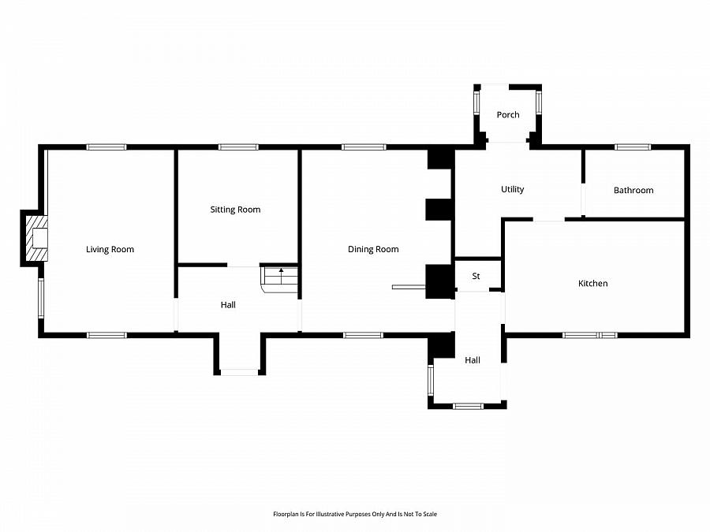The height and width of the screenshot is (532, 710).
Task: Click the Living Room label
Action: (x=110, y=249)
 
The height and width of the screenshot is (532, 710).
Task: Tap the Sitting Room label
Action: (x=235, y=210)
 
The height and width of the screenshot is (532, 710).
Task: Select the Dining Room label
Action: (x=373, y=249)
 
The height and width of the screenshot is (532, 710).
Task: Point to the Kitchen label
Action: (x=592, y=283)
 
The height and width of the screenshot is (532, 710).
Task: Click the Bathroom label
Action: (x=633, y=190)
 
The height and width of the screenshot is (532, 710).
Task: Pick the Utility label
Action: (x=513, y=189)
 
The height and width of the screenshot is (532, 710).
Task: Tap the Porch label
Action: (x=508, y=115)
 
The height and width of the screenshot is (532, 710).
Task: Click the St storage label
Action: (x=476, y=276)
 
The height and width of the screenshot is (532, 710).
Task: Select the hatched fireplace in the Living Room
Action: (x=36, y=238)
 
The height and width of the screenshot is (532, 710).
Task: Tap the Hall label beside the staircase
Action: (x=228, y=305)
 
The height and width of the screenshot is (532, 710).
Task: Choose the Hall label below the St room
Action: (x=473, y=360)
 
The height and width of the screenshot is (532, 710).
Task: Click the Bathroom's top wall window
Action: (x=633, y=147)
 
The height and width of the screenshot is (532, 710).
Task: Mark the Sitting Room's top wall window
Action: (x=238, y=147)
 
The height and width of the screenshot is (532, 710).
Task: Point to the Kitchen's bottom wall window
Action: (x=590, y=335)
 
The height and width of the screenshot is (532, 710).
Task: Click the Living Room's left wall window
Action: (x=41, y=298)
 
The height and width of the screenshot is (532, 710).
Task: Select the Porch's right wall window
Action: (x=539, y=102)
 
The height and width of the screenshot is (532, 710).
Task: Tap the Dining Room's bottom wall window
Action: (x=363, y=335)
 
